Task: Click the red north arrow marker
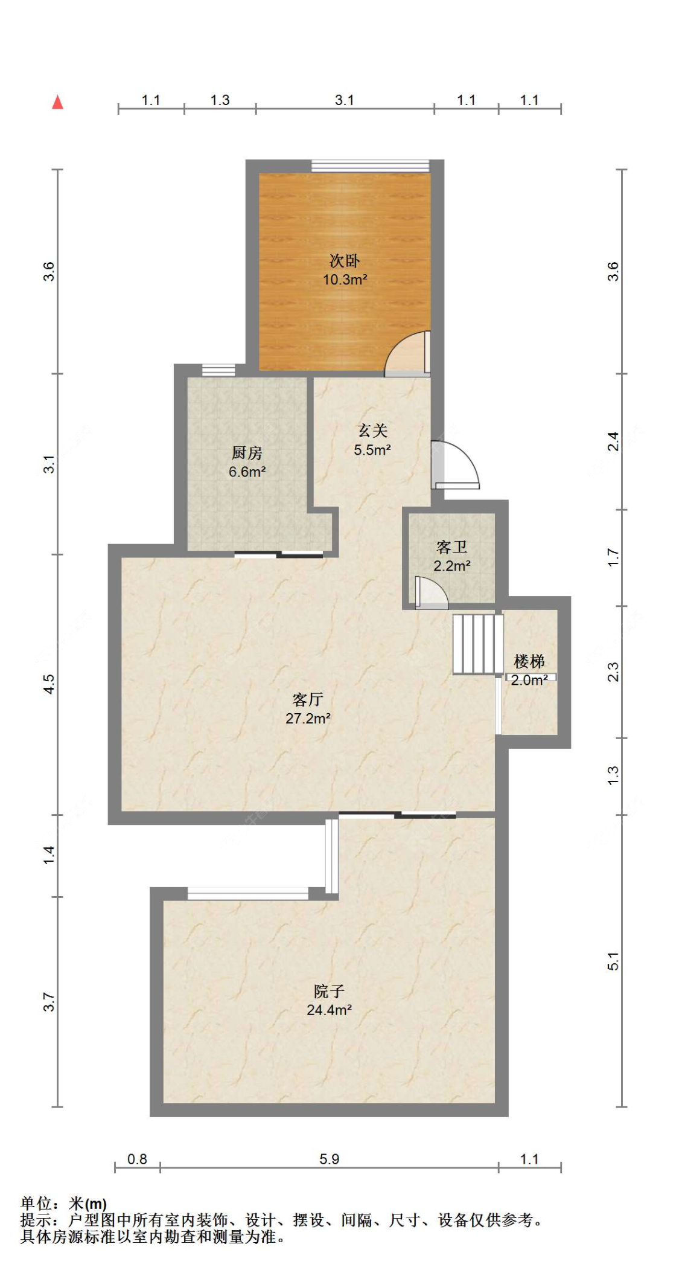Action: click(57, 102)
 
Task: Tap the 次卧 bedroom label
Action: click(345, 261)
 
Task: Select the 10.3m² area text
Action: click(345, 280)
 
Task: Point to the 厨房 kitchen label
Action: click(247, 452)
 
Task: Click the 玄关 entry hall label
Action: click(372, 431)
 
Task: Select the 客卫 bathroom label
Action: click(451, 547)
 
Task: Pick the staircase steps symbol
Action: click(477, 644)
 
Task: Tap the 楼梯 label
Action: click(529, 661)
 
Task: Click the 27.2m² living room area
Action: click(308, 719)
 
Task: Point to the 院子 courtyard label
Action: click(329, 991)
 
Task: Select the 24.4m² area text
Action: click(329, 1010)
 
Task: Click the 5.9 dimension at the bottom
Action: click(329, 1159)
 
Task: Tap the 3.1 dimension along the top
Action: click(344, 100)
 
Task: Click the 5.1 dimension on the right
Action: click(613, 961)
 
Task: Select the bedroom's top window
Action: click(370, 166)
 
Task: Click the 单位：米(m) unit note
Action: click(64, 1204)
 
